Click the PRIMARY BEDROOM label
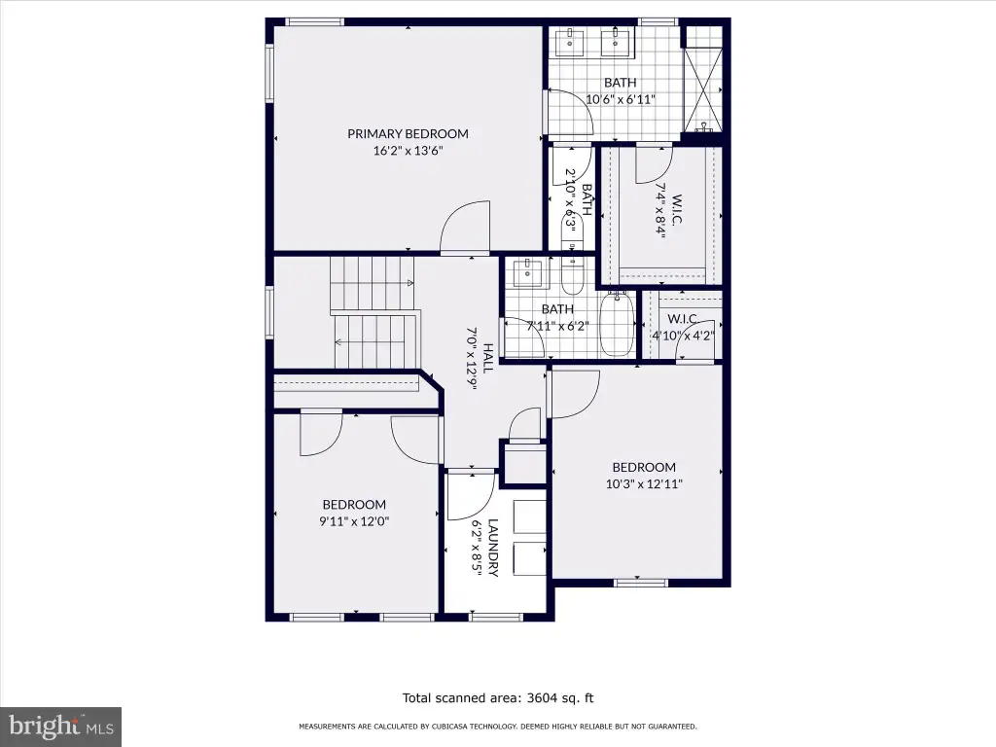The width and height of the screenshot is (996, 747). pos(408,134)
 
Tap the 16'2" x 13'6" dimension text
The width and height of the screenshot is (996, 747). pos(408,151)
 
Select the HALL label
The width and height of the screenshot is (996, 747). pos(488,358)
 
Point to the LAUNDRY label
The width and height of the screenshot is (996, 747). pos(493,548)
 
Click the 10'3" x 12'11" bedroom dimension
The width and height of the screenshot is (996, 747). pos(644,484)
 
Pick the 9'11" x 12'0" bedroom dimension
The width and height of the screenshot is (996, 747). pos(354,521)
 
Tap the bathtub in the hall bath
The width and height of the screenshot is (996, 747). pos(616,323)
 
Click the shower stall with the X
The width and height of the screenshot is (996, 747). pos(702,89)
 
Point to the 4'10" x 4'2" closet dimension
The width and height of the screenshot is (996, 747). pos(683,336)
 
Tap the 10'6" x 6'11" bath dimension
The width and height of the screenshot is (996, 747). pos(620,99)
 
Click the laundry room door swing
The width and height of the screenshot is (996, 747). pos(471,494)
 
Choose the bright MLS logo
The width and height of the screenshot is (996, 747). pos(60,727)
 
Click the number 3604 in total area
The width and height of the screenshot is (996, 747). pos(542,698)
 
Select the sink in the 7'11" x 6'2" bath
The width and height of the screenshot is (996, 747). pos(528,273)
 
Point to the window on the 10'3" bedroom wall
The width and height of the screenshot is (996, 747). pos(641,582)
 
